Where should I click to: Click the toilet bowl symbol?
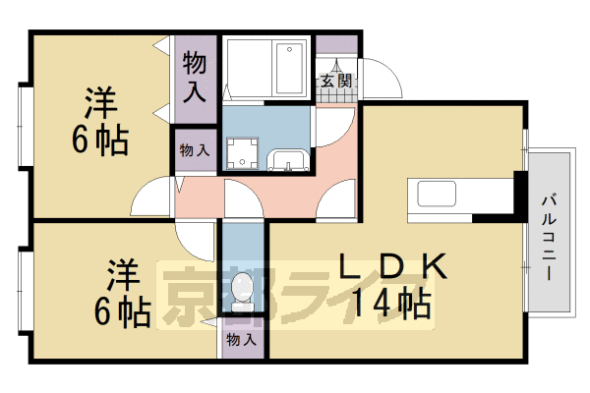[x=242, y=292]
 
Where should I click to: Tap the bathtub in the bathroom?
[x=289, y=69]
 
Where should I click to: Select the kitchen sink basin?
[x=437, y=194]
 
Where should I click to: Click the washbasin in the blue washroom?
[x=288, y=160]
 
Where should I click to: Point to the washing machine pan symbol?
[x=242, y=153]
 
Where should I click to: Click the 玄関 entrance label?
[x=336, y=81]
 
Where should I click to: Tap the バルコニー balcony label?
[x=550, y=238]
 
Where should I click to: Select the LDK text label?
[x=393, y=266]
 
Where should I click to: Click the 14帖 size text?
[x=391, y=303]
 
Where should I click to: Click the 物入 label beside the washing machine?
[x=195, y=150]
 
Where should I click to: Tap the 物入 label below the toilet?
[x=242, y=340]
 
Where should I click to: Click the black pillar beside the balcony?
[x=521, y=196]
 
